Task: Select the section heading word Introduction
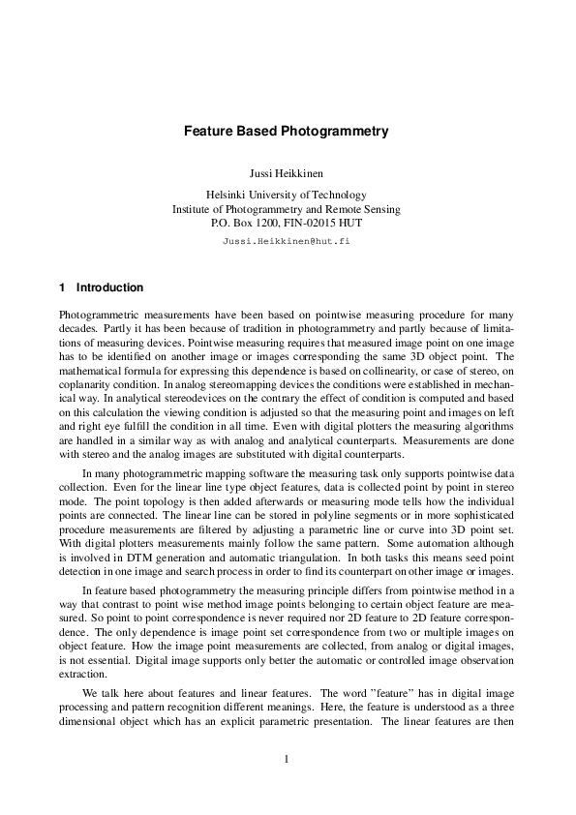tap(109, 287)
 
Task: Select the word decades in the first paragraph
tap(79, 329)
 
